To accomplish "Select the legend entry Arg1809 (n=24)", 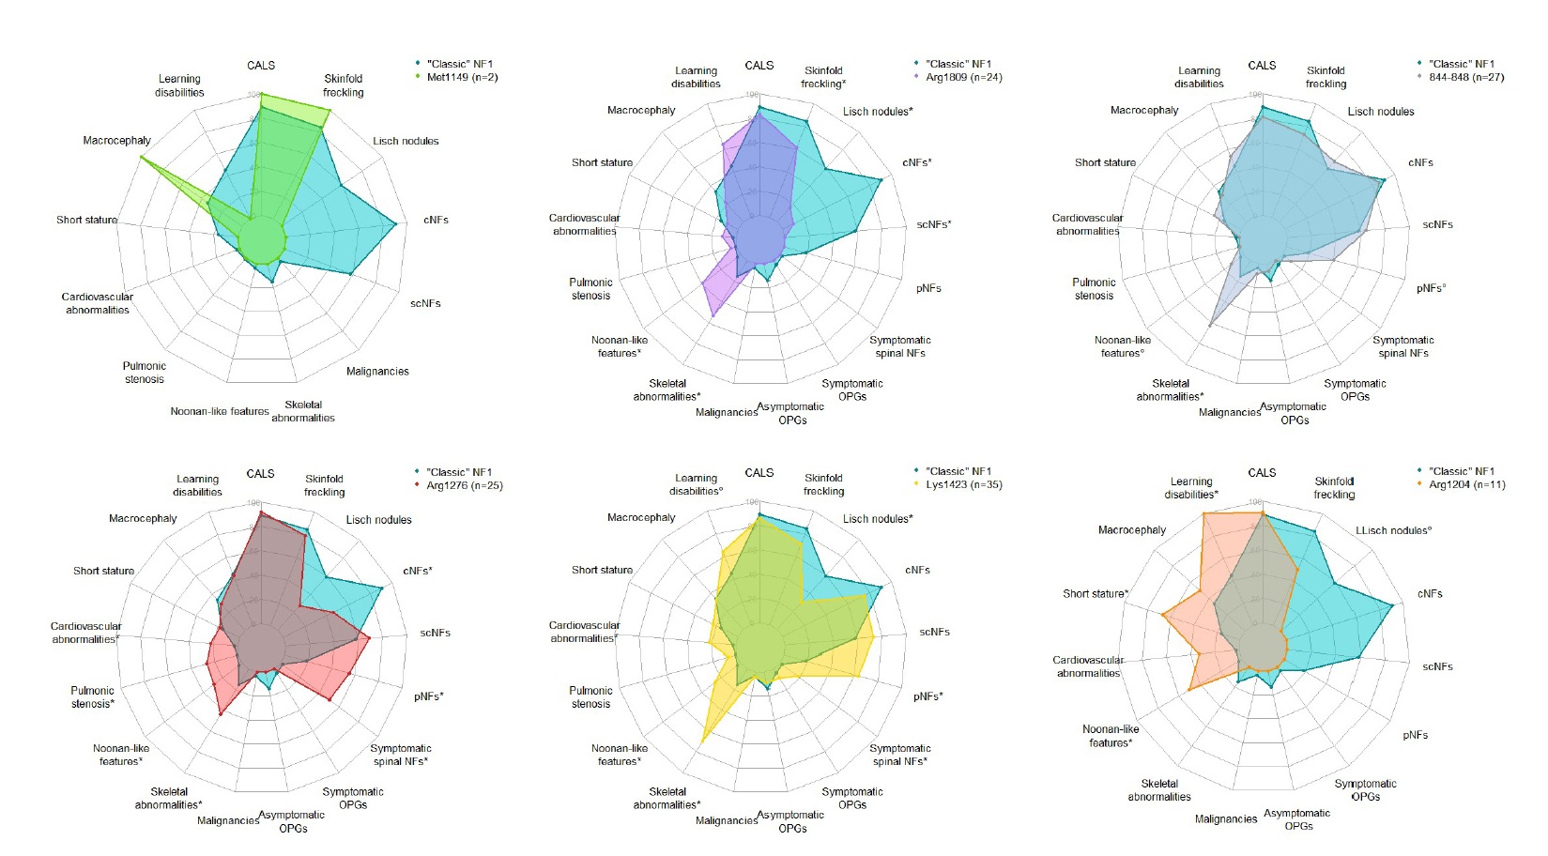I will click(963, 77).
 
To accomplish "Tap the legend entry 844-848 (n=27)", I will click(1465, 77).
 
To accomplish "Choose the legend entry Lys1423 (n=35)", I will click(963, 484).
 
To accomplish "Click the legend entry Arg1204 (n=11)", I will click(1466, 484).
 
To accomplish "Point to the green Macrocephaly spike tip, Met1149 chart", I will click(141, 157).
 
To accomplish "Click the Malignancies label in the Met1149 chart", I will click(377, 372).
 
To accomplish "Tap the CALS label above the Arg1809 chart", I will click(759, 66).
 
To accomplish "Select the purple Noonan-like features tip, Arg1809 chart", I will click(713, 315).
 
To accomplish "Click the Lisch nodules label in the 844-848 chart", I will click(1380, 112).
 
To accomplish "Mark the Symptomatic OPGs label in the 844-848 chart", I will click(1355, 390).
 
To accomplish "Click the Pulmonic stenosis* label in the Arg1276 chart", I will click(92, 696).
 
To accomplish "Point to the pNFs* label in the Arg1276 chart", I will click(428, 696).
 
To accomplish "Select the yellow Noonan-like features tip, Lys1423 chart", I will click(702, 743).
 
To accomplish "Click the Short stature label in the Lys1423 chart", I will click(602, 570).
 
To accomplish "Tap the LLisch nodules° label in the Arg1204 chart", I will click(1393, 530).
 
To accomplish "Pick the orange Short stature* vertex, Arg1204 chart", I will click(1162, 615).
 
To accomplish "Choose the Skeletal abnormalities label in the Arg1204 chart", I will click(1158, 790).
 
